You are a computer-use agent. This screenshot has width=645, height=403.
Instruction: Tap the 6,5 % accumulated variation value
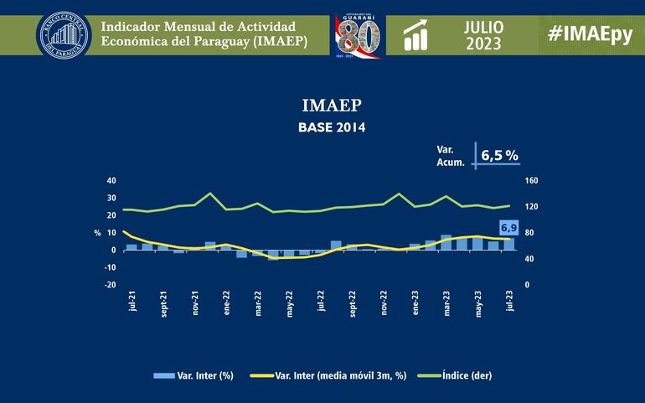pyautogui.click(x=499, y=155)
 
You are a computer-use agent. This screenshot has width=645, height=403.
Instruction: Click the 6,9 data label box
pyautogui.click(x=508, y=227)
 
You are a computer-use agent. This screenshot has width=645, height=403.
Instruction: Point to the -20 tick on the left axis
pyautogui.click(x=111, y=285)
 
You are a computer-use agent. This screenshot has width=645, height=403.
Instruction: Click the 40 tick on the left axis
pyautogui.click(x=111, y=180)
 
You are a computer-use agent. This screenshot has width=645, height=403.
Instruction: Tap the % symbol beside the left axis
pyautogui.click(x=97, y=233)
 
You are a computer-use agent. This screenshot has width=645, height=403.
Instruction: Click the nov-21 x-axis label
pyautogui.click(x=195, y=302)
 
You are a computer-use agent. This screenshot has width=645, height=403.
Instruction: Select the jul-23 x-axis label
pyautogui.click(x=510, y=301)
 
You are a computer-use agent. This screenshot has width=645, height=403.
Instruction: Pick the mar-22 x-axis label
pyautogui.click(x=258, y=302)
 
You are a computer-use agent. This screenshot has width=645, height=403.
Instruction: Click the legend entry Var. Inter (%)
pyautogui.click(x=194, y=375)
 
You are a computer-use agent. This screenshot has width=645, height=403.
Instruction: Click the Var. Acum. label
pyautogui.click(x=451, y=155)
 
